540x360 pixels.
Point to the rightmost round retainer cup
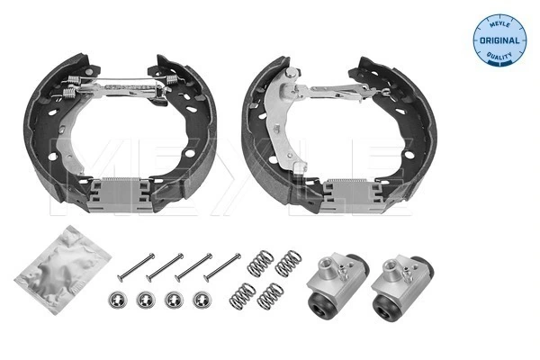[x=200, y=300]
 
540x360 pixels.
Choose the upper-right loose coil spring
[x=288, y=262]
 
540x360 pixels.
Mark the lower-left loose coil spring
[x=243, y=295]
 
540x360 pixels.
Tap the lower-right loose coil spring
[x=272, y=294]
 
